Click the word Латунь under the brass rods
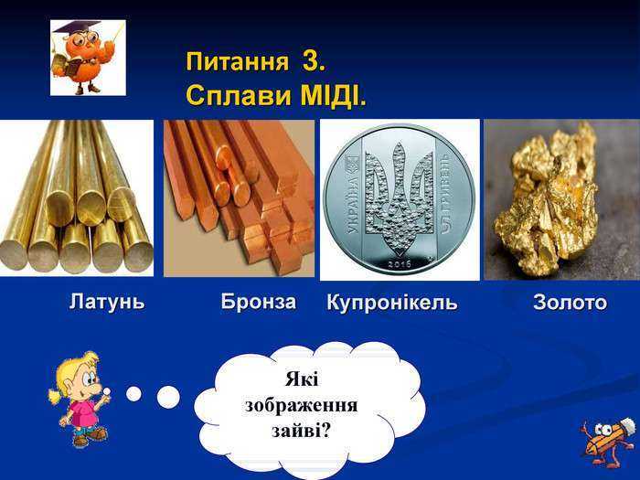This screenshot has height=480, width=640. point(107,302)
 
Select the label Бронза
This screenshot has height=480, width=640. point(259,302)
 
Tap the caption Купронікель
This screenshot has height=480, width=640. point(392,303)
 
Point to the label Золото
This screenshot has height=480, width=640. point(571,303)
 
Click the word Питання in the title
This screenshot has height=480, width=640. point(238,62)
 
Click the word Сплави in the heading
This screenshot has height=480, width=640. point(240,95)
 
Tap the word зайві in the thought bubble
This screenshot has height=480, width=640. point(301,431)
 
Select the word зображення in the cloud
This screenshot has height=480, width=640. point(301,405)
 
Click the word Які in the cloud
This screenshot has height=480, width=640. point(301,379)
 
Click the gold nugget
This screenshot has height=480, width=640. point(546,199)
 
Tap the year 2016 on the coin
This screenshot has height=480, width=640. point(400,264)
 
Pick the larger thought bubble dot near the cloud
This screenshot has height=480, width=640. point(168,397)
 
